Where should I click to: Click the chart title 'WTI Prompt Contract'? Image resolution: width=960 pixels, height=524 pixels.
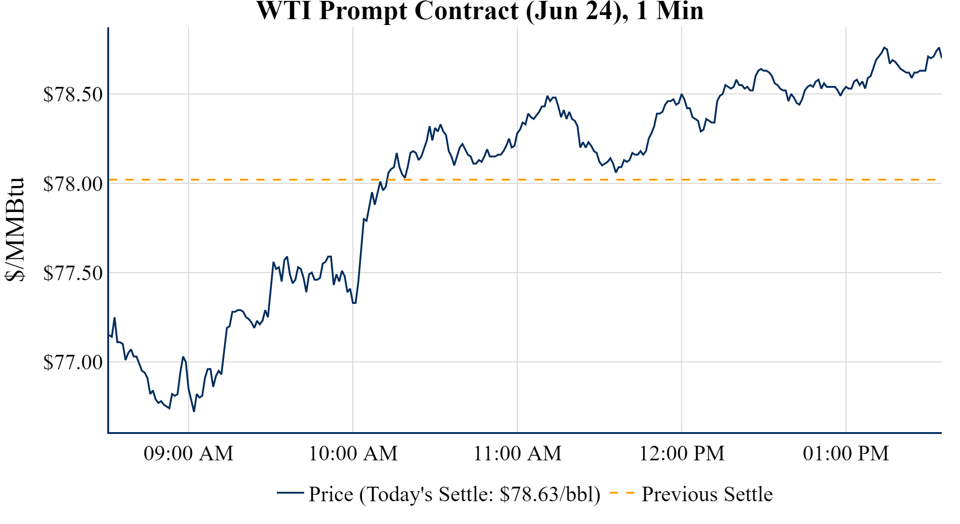387,10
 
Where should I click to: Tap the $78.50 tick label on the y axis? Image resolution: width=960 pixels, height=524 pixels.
73,95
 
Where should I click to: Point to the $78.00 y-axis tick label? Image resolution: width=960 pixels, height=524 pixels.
73,184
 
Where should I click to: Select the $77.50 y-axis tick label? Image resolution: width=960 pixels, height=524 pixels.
73,273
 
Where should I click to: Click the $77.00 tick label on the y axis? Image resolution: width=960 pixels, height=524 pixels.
73,363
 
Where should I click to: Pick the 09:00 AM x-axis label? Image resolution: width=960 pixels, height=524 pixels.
189,453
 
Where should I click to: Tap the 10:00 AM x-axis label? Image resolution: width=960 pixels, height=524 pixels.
353,453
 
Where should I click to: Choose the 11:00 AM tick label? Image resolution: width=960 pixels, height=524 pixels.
517,453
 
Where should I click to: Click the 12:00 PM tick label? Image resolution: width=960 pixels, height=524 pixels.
682,453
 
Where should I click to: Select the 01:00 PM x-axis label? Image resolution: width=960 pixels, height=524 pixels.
846,453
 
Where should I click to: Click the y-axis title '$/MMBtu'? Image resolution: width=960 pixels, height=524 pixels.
15,229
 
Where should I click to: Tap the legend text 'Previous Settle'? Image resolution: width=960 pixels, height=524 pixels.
707,494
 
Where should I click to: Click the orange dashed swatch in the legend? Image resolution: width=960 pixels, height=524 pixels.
622,493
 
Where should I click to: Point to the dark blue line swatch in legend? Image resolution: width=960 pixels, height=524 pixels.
290,493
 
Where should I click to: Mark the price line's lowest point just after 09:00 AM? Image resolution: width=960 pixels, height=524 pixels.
194,411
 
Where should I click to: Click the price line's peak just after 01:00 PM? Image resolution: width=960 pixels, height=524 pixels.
884,47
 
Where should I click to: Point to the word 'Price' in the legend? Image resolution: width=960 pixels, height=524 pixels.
331,494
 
